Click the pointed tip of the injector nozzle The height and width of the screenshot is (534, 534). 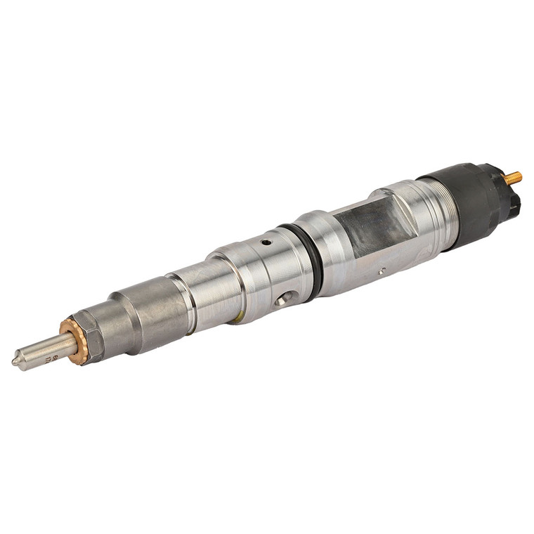click(x=15, y=363)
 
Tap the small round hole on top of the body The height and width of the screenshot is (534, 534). click(x=266, y=242)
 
